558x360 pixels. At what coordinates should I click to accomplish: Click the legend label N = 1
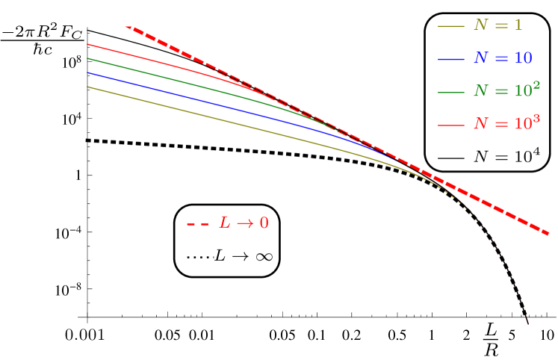(x=497, y=25)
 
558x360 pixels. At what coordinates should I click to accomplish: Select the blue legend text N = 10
(x=503, y=58)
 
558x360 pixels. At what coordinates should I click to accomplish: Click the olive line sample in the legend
(x=451, y=26)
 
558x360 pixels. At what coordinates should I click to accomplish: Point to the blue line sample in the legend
(x=451, y=59)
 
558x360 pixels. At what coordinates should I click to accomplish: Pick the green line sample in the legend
(x=451, y=92)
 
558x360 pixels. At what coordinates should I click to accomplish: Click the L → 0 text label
(x=244, y=223)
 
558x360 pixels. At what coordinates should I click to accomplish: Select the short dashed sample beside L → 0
(x=198, y=223)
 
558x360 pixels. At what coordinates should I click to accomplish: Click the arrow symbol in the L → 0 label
(x=245, y=223)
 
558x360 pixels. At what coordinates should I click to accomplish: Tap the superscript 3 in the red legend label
(x=536, y=118)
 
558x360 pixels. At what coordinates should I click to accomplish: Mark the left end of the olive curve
(x=88, y=87)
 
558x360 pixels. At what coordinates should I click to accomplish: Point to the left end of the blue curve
(x=88, y=72)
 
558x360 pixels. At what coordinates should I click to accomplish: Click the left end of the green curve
(x=88, y=58)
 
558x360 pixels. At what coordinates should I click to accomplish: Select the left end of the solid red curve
(x=88, y=44)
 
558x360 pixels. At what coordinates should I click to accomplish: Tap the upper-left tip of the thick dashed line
(x=126, y=27)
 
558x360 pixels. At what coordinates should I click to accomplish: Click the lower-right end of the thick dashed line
(x=549, y=234)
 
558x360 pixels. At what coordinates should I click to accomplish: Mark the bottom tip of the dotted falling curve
(x=528, y=323)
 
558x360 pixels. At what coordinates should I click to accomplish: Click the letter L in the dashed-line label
(x=224, y=223)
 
